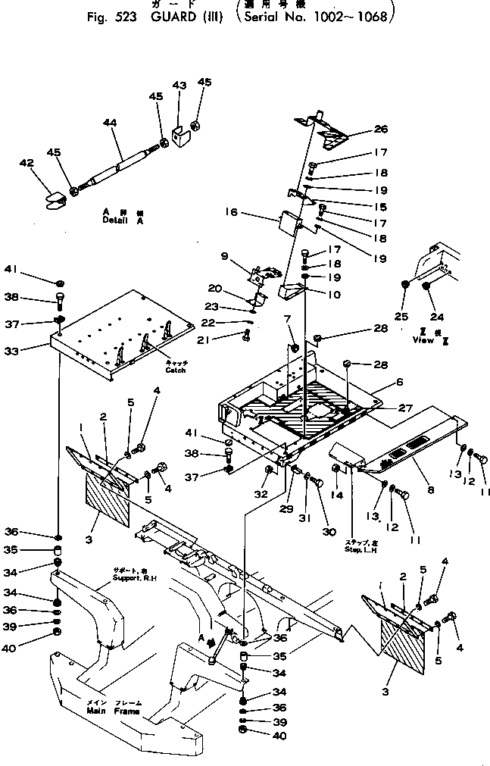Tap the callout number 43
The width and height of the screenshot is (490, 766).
[179, 86]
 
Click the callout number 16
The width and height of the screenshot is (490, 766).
[232, 213]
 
